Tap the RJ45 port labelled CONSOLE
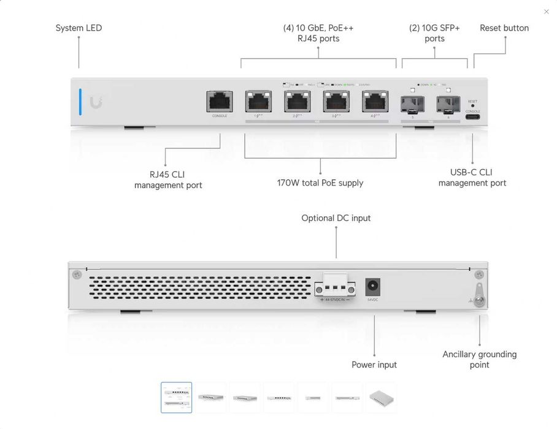[219, 101]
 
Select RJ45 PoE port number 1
[258, 101]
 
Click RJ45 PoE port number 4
[375, 101]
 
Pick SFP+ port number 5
[412, 104]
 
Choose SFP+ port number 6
[448, 104]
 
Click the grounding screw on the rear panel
[479, 301]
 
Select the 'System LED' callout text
[79, 28]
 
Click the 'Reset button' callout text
[504, 28]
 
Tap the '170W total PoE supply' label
[320, 183]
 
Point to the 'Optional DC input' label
[336, 218]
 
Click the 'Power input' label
[374, 365]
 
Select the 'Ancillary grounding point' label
[480, 359]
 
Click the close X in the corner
[547, 11]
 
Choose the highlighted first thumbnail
[177, 398]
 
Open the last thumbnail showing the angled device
[381, 398]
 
